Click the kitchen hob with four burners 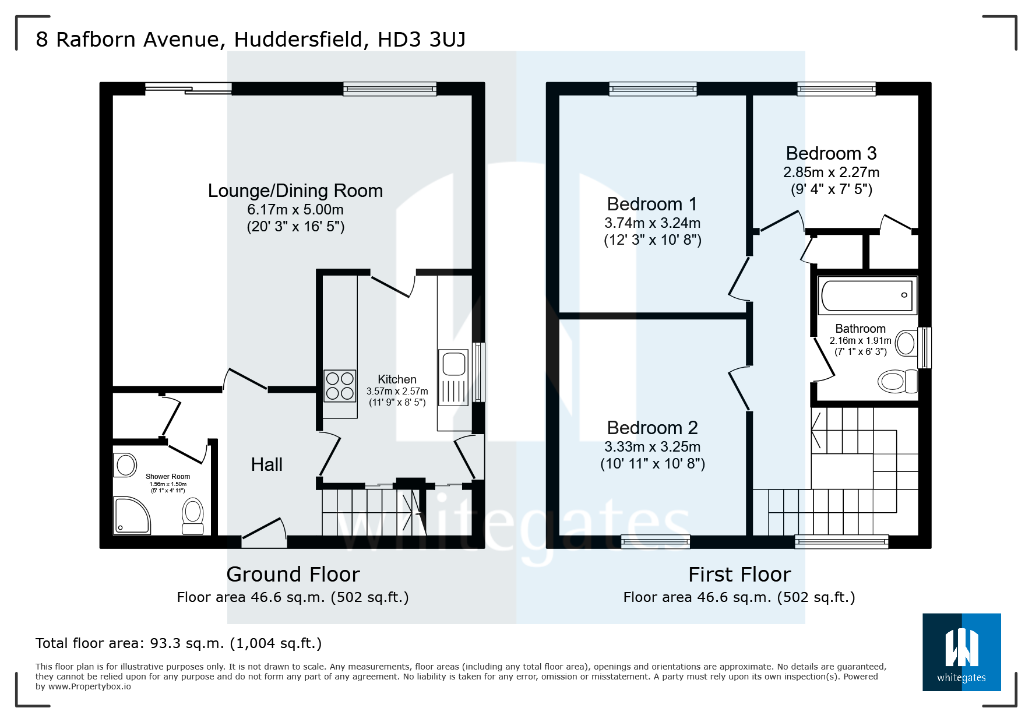pyautogui.click(x=340, y=386)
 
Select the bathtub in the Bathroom pyautogui.click(x=867, y=295)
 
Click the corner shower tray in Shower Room pyautogui.click(x=132, y=515)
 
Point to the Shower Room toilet pyautogui.click(x=193, y=516)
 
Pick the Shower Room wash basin pyautogui.click(x=125, y=465)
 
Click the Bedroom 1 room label pyautogui.click(x=651, y=204)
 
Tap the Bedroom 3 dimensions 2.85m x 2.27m pyautogui.click(x=831, y=172)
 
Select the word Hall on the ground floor pyautogui.click(x=266, y=464)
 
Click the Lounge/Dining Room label pyautogui.click(x=295, y=191)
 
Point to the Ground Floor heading pyautogui.click(x=293, y=575)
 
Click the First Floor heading pyautogui.click(x=739, y=575)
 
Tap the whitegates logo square pyautogui.click(x=961, y=651)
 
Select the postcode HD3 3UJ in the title pyautogui.click(x=421, y=39)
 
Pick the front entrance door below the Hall pyautogui.click(x=264, y=533)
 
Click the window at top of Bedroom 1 pyautogui.click(x=653, y=89)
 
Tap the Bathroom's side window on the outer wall pyautogui.click(x=924, y=348)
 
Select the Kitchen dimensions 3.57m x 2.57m pyautogui.click(x=397, y=392)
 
